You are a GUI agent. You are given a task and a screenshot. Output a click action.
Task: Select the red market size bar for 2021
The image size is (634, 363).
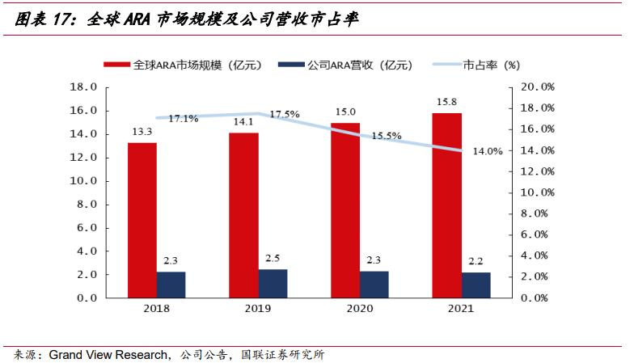coord(447,205)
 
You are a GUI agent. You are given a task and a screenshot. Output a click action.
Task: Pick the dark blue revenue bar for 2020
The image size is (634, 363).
coord(374,284)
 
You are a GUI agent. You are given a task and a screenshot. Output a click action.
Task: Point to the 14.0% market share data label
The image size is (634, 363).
coord(487,150)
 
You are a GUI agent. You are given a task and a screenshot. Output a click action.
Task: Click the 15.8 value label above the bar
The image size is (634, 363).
coord(447,102)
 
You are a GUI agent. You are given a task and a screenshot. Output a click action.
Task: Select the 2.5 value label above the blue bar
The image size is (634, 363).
coord(273,259)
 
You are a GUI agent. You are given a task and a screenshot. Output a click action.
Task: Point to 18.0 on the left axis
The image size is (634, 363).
coord(84,87)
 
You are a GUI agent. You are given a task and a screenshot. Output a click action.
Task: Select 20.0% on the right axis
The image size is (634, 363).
coord(536,87)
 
